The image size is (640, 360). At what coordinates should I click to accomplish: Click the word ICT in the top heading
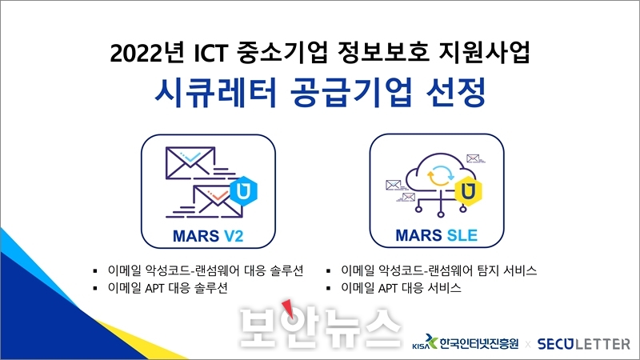pyautogui.click(x=210, y=53)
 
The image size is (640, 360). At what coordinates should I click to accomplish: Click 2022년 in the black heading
pyautogui.click(x=147, y=53)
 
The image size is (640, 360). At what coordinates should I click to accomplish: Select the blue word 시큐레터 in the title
pyautogui.click(x=216, y=93)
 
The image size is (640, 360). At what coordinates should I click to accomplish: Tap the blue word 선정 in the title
pyautogui.click(x=456, y=93)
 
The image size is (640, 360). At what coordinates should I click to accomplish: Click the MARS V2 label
pyautogui.click(x=208, y=236)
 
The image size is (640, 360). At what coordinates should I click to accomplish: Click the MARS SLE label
pyautogui.click(x=436, y=235)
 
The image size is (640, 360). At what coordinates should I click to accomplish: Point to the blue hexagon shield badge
pyautogui.click(x=243, y=190)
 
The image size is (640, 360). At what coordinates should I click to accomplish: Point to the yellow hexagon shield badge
pyautogui.click(x=468, y=190)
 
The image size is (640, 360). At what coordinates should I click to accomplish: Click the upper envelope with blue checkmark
pyautogui.click(x=190, y=163)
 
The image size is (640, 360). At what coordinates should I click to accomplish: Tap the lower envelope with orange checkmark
pyautogui.click(x=217, y=202)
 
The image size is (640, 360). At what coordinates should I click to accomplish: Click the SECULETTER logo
pyautogui.click(x=584, y=344)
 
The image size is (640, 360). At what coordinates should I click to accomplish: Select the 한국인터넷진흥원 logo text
pyautogui.click(x=479, y=343)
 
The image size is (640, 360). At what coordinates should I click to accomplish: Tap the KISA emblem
pyautogui.click(x=425, y=342)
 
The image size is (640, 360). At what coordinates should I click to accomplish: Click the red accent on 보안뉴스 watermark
pyautogui.click(x=288, y=308)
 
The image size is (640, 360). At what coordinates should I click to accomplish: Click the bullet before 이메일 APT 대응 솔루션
pyautogui.click(x=95, y=289)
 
